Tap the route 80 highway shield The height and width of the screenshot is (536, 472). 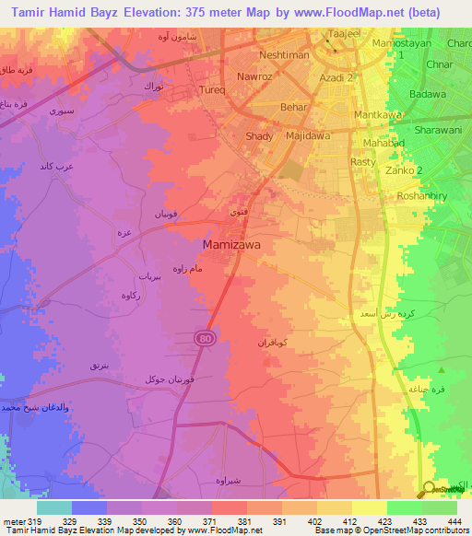coord(202,339)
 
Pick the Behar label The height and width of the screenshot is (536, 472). coord(266,108)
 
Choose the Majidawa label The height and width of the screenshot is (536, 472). coord(308,136)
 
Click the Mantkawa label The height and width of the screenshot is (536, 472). coord(378,115)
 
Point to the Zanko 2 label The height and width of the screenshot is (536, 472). coord(407,171)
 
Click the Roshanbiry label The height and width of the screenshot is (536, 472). coord(421,195)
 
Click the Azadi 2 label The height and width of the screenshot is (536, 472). coord(337,78)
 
